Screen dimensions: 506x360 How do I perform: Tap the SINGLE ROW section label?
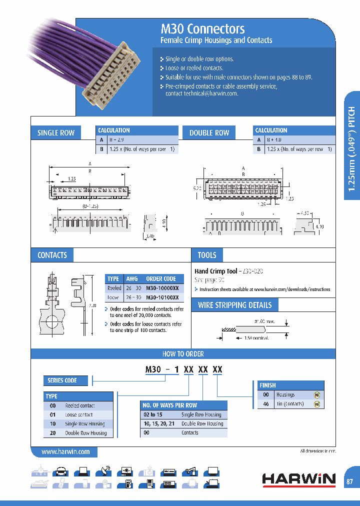[x=56, y=133]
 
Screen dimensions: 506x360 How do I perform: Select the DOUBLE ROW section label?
[x=209, y=133]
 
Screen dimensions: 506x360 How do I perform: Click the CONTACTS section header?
[x=52, y=255]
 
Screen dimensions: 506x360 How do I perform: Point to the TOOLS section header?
[x=206, y=255]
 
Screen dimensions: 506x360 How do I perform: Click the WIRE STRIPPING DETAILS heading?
[x=234, y=305]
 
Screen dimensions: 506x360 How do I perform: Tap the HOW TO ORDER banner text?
[x=183, y=354]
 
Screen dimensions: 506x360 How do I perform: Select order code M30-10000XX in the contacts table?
[x=162, y=288]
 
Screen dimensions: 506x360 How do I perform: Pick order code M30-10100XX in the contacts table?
[x=162, y=297]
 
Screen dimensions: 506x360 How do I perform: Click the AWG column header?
[x=132, y=279]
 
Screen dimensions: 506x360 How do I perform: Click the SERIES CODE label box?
[x=62, y=381]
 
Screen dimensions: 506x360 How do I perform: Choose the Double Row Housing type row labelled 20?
[x=85, y=433]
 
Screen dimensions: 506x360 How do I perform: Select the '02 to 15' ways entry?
[x=152, y=414]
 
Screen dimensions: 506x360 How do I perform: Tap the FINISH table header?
[x=268, y=385]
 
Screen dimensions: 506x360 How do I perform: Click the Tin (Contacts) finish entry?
[x=289, y=404]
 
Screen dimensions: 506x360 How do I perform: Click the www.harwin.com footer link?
[x=65, y=452]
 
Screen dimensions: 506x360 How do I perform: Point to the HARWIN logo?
[x=298, y=479]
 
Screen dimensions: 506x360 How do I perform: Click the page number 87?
[x=349, y=481]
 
